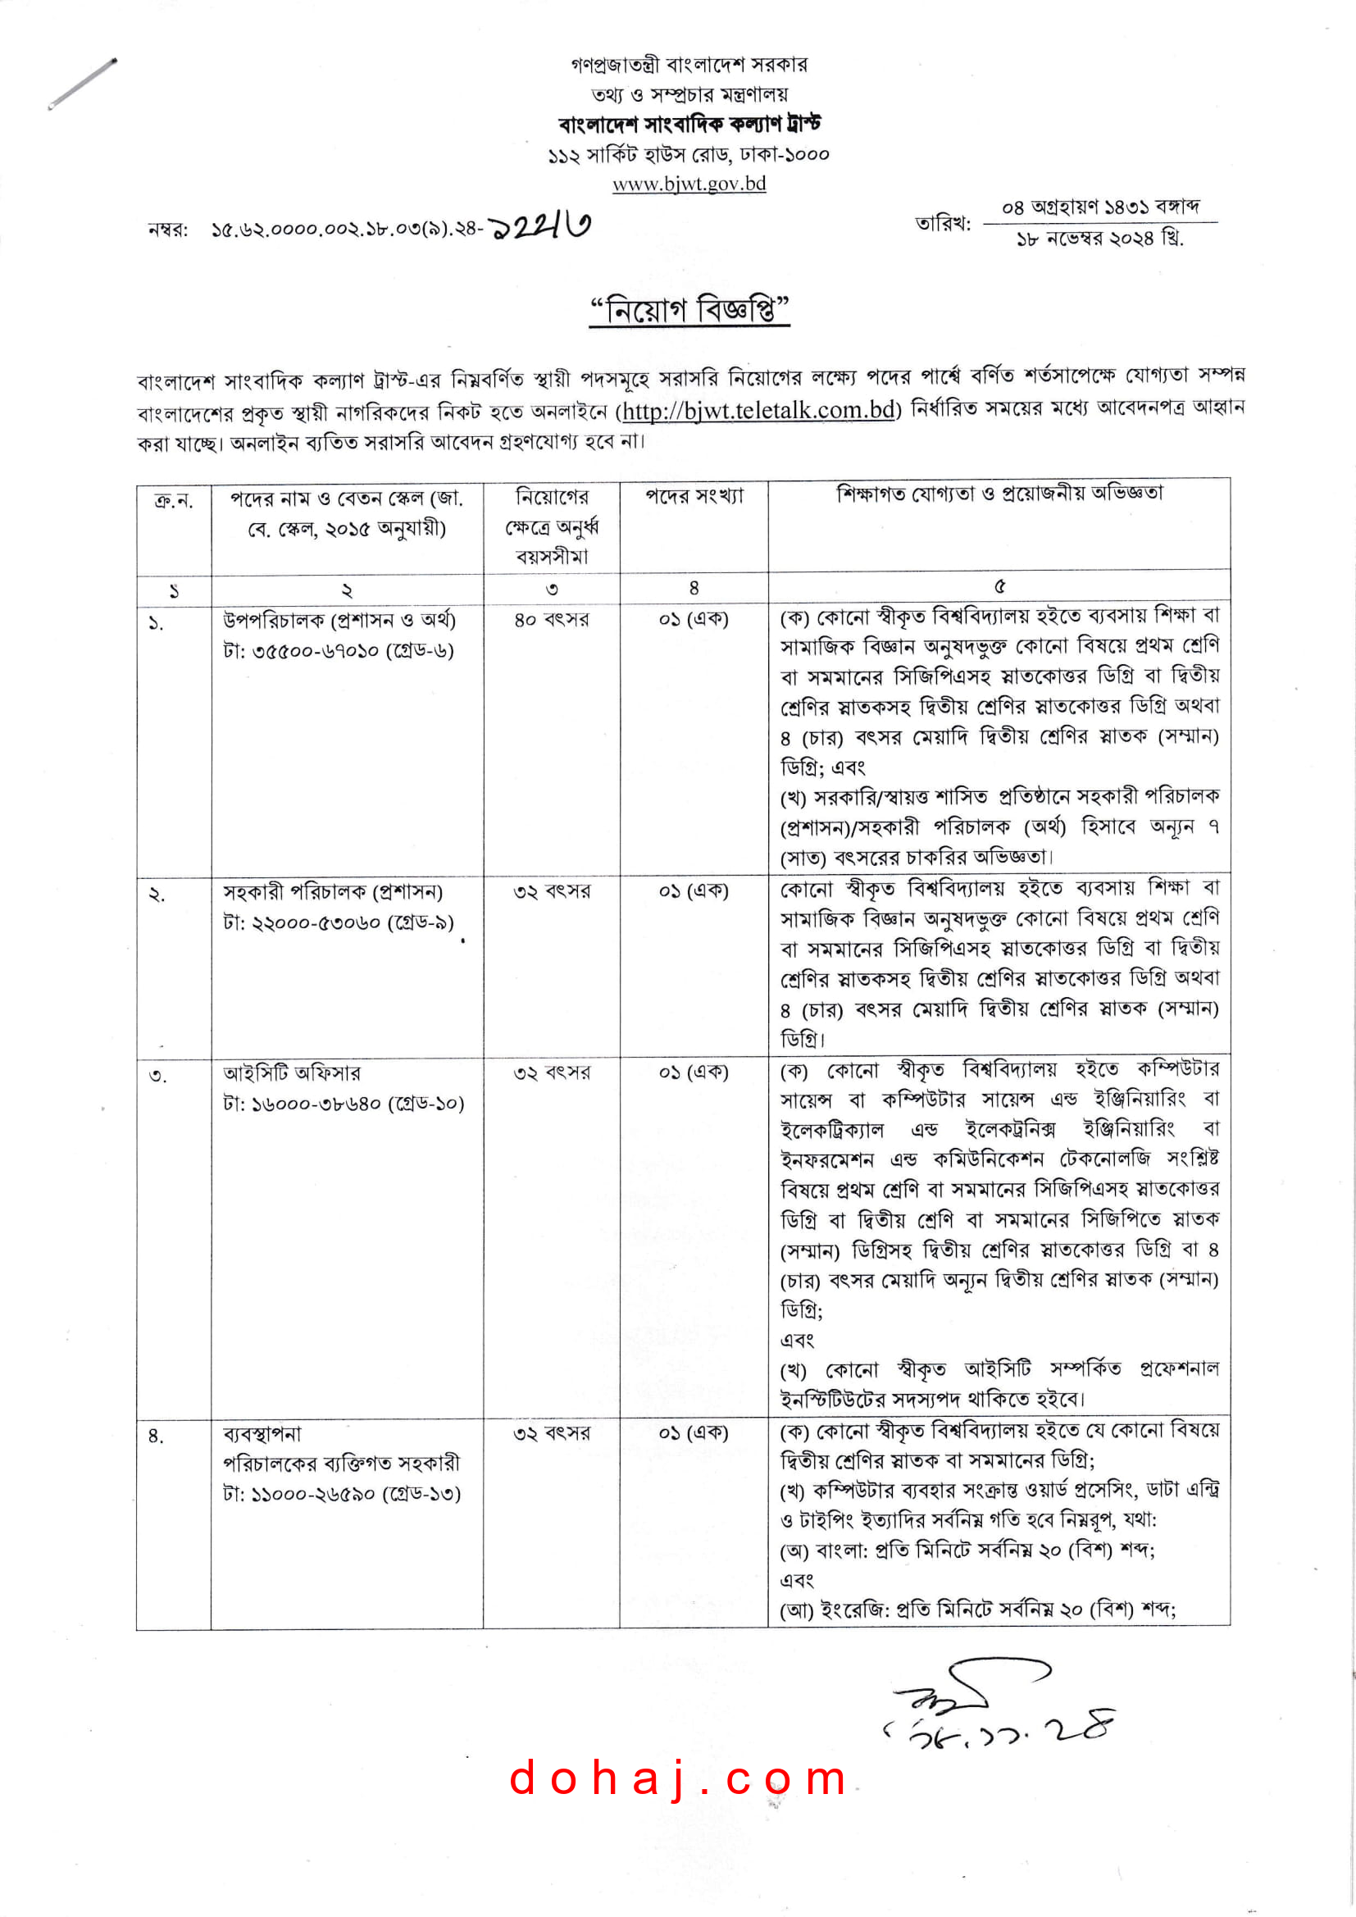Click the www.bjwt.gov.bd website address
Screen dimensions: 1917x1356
point(689,184)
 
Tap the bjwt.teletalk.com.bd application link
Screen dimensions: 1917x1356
point(758,410)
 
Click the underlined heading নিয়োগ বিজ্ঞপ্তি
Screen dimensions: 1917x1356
point(689,311)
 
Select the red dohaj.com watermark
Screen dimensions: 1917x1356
point(678,1778)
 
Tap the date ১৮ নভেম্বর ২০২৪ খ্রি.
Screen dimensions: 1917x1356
point(1099,239)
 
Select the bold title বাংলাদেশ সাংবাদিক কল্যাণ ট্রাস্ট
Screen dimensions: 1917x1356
point(689,125)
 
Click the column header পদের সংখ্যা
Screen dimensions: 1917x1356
point(693,496)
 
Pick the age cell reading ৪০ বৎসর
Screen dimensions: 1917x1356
point(551,620)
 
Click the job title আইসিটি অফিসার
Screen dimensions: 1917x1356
point(291,1073)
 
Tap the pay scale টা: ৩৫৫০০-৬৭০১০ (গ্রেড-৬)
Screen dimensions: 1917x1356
point(338,650)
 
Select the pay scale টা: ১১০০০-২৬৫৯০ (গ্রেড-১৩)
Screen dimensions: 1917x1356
point(342,1494)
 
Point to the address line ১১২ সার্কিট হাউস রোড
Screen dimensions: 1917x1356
point(689,154)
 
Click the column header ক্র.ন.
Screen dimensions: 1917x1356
point(174,501)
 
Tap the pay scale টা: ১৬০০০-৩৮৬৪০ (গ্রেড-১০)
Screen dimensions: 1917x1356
point(344,1104)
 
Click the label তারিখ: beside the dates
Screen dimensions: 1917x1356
point(943,223)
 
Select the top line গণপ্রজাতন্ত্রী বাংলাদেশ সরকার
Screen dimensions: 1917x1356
point(689,64)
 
